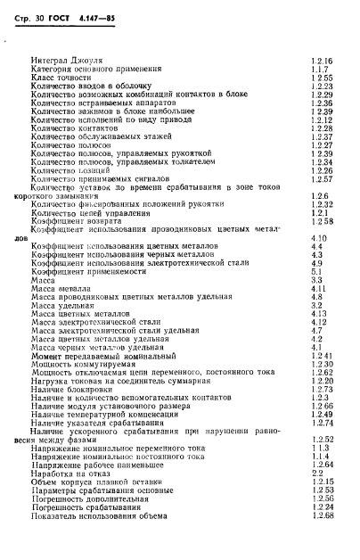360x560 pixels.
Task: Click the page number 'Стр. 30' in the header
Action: tap(22, 19)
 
